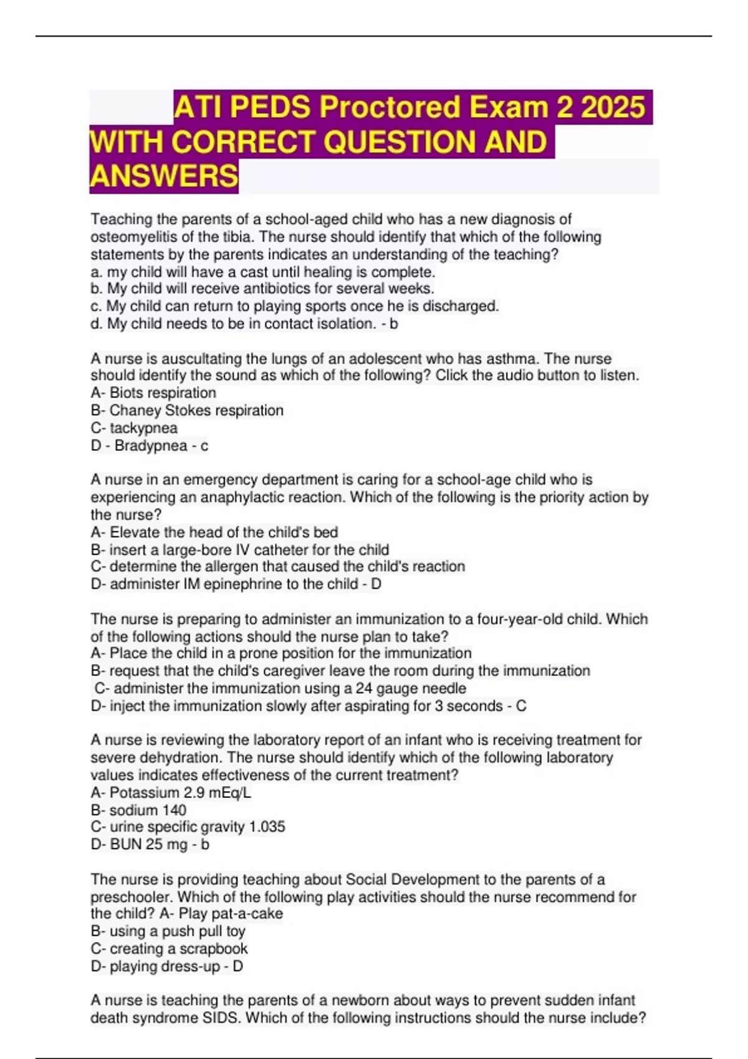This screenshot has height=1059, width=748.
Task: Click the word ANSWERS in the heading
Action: tap(164, 176)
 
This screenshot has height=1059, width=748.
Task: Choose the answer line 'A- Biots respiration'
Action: tap(153, 393)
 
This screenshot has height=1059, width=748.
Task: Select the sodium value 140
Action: tap(174, 810)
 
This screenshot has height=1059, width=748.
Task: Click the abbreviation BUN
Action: tap(126, 845)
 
